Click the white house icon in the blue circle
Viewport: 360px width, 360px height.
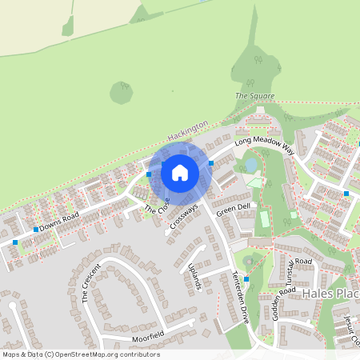tap(180, 172)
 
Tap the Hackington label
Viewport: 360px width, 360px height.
tap(189, 130)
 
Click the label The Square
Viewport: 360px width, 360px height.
tap(254, 96)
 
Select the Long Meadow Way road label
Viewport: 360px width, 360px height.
tap(264, 145)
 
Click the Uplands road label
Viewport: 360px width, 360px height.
tap(192, 274)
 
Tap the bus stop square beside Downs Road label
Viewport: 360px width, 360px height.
tap(36, 229)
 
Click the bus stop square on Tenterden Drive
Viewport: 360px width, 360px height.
tap(247, 278)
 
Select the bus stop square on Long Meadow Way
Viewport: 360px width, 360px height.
tap(211, 163)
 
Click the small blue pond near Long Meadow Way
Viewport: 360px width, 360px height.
tap(251, 164)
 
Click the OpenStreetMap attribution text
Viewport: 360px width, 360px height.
tap(81, 354)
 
